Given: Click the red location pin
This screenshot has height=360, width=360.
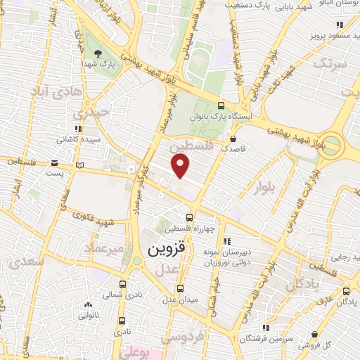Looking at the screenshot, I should pos(181,166).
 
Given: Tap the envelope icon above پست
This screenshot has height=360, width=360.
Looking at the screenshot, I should pos(55,162).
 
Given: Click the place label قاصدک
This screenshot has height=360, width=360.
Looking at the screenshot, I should pos(233,149).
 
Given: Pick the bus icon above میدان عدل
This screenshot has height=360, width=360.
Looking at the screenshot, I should pos(181,288).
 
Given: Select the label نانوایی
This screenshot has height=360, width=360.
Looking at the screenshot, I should pos(88,316).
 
